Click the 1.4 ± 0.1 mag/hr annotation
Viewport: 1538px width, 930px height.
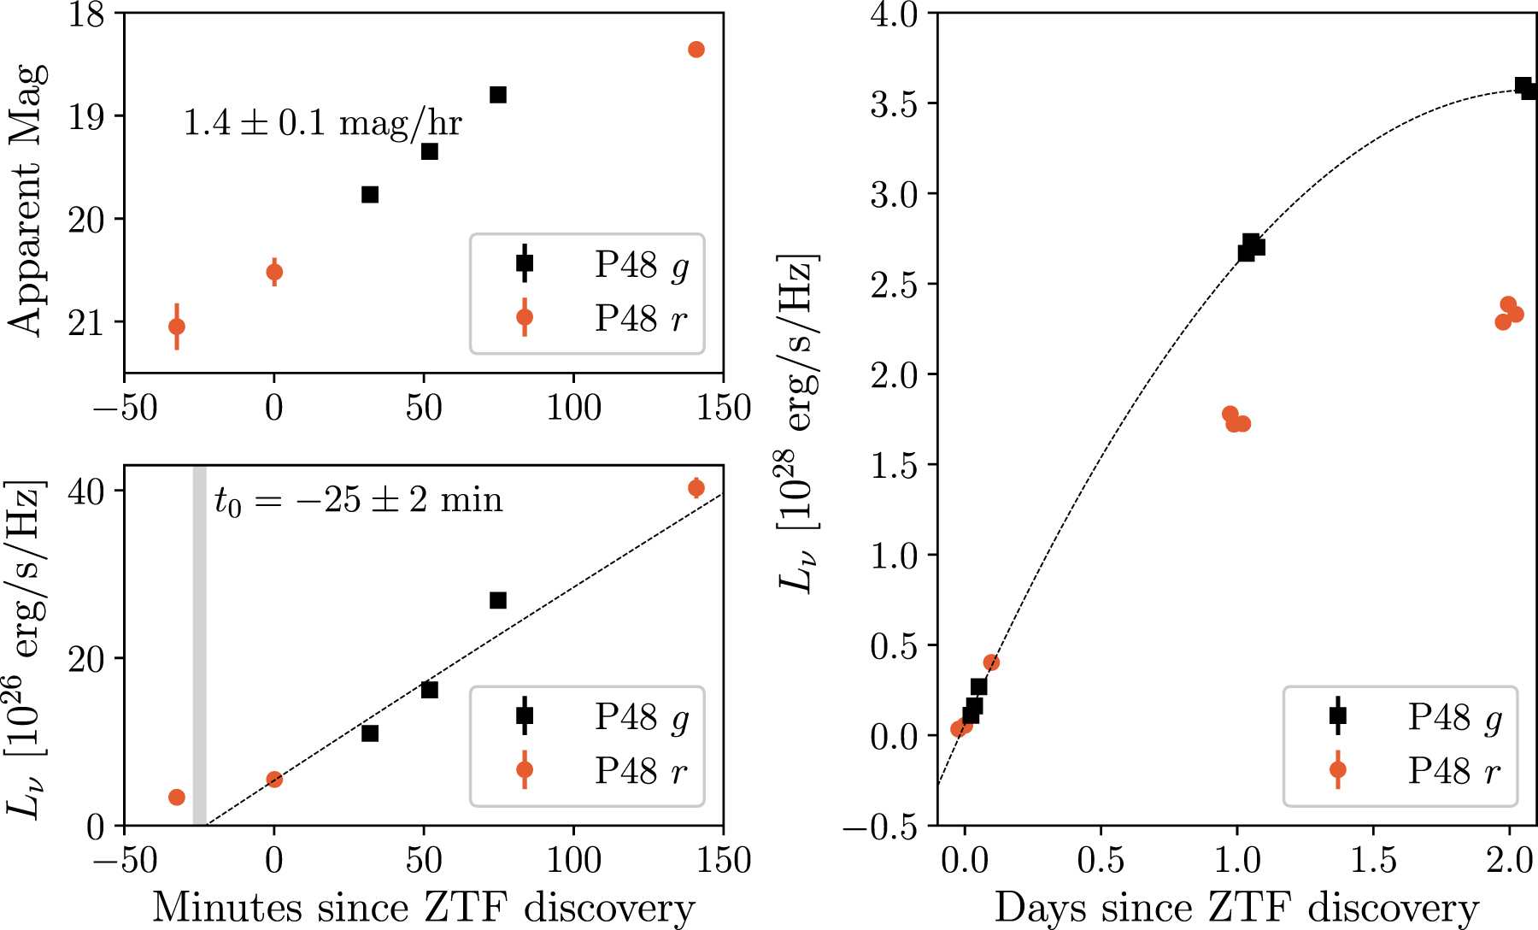click(322, 123)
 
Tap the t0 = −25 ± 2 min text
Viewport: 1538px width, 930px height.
click(358, 500)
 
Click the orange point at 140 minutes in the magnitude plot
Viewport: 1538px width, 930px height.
click(696, 50)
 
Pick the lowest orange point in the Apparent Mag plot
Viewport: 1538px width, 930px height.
click(177, 327)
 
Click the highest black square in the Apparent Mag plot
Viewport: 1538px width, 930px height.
click(498, 95)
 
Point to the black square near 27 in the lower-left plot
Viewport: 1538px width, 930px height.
click(498, 601)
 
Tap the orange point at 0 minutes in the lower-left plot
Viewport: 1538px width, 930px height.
click(274, 780)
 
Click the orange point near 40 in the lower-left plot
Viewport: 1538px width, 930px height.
click(696, 488)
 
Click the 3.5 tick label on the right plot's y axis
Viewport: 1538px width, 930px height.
click(893, 104)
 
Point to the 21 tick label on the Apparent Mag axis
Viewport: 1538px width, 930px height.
click(86, 323)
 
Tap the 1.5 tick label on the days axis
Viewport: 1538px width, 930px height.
click(1373, 860)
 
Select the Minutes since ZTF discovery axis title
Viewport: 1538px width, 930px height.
click(423, 907)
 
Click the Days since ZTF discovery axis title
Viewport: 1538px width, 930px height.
click(1236, 907)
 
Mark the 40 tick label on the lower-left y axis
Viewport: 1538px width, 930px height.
click(86, 491)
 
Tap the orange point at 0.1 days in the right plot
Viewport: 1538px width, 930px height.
click(991, 662)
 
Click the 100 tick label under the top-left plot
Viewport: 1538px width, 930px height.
click(574, 408)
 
